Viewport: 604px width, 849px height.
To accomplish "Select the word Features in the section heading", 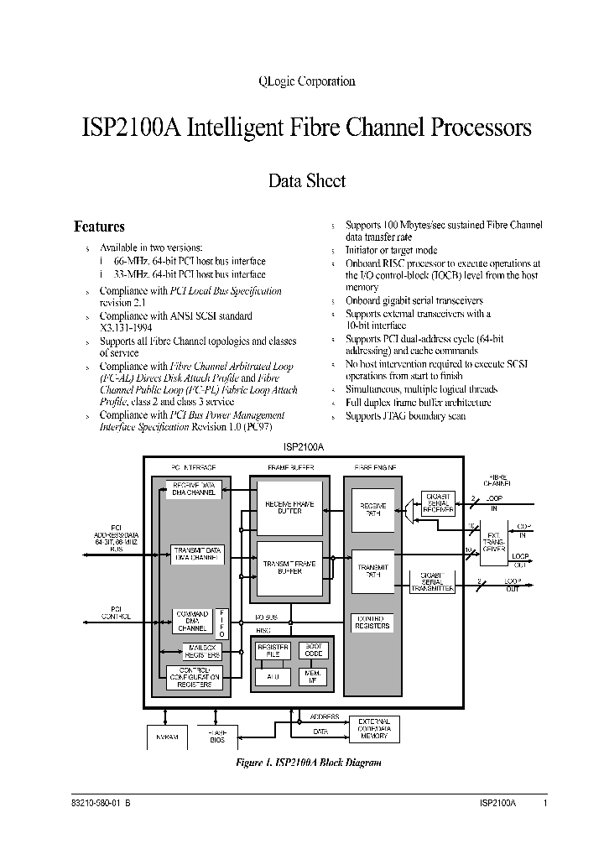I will pyautogui.click(x=99, y=227).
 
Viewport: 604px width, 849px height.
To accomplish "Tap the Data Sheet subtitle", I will pyautogui.click(x=306, y=180).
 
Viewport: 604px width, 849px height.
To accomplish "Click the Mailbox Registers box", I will pyautogui.click(x=201, y=651).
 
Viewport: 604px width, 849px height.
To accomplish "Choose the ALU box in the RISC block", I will pyautogui.click(x=272, y=676).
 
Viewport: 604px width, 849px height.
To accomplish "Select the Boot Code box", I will pyautogui.click(x=314, y=650).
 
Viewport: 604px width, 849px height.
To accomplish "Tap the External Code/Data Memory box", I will pyautogui.click(x=374, y=728).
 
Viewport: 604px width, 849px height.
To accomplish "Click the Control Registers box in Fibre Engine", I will pyautogui.click(x=372, y=622).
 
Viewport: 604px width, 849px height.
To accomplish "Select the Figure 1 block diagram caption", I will pyautogui.click(x=310, y=763).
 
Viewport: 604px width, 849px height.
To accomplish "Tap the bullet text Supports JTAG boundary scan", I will pyautogui.click(x=405, y=416).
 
